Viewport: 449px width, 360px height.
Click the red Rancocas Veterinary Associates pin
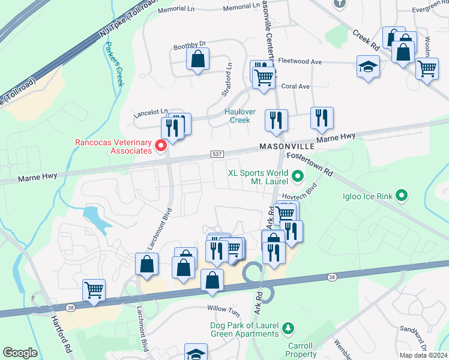point(160,145)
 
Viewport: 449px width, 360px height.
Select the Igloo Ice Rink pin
point(402,195)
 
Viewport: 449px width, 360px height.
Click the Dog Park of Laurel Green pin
point(289,328)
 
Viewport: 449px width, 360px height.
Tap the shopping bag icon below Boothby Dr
point(197,59)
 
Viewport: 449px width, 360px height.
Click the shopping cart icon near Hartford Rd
point(94,290)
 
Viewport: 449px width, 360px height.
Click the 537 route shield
point(218,155)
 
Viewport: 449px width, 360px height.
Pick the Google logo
point(20,352)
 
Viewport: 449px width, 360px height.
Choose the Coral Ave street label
point(295,86)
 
